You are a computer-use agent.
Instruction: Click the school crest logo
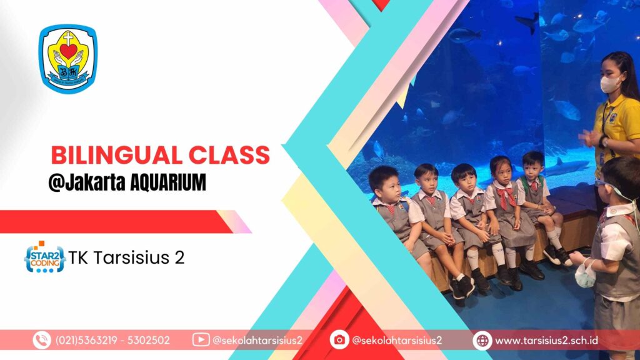tap(68, 59)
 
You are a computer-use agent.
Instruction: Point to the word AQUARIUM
tap(167, 182)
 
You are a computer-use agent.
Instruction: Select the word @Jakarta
tap(87, 182)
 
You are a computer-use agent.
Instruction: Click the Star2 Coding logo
tap(44, 257)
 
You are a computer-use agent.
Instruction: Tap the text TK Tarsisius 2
tap(126, 257)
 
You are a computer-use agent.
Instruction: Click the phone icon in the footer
tap(42, 340)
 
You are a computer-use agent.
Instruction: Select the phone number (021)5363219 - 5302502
tap(112, 341)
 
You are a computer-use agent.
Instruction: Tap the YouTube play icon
tap(201, 339)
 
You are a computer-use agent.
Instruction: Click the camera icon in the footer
tap(339, 340)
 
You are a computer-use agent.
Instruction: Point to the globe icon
tap(482, 341)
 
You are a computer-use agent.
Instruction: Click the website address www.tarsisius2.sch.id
tap(546, 341)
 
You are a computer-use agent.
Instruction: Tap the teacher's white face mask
tap(610, 84)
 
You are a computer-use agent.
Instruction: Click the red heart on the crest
tap(68, 51)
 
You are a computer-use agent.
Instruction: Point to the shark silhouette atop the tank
tap(528, 22)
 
